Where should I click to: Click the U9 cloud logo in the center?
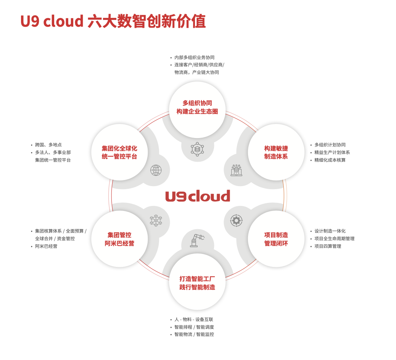[198, 196]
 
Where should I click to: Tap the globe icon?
[156, 170]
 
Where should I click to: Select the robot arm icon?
[196, 241]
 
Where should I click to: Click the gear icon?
[236, 220]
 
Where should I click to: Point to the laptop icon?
[236, 170]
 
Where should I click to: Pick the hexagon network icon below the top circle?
[197, 149]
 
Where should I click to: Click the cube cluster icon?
[156, 220]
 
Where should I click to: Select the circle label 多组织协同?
[197, 103]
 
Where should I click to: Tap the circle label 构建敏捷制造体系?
[276, 152]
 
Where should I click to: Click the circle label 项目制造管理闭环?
[276, 239]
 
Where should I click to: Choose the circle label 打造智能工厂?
[197, 279]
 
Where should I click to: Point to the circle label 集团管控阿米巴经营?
[119, 239]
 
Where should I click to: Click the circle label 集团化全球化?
[119, 148]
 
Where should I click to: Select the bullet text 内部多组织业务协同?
[194, 58]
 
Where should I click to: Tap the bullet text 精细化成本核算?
[330, 160]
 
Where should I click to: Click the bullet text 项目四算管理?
[328, 246]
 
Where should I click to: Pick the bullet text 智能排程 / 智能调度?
[194, 327]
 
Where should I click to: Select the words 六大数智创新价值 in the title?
[146, 21]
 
